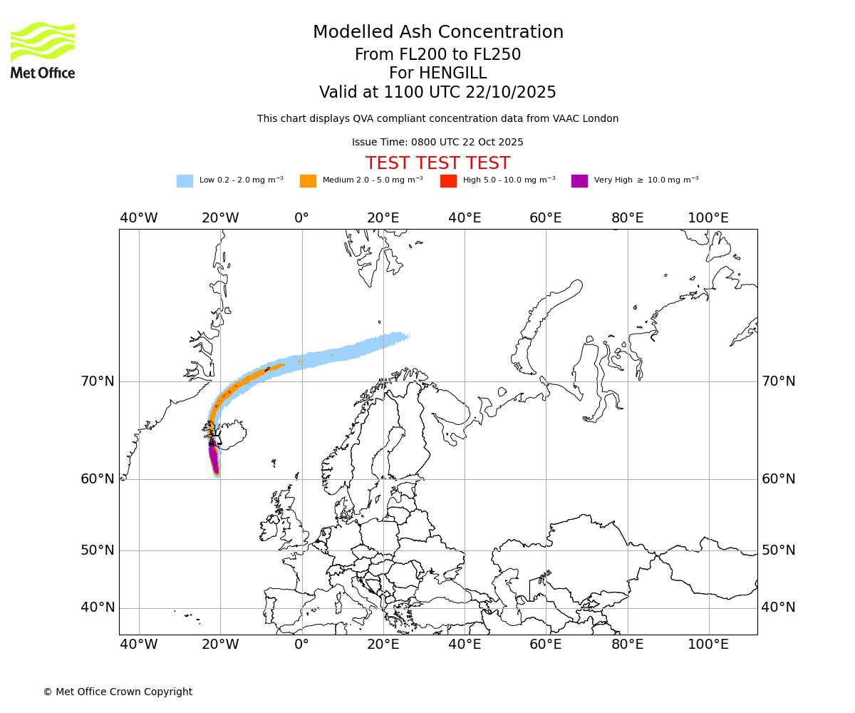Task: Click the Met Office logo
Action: (x=43, y=50)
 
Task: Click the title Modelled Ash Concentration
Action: (x=437, y=32)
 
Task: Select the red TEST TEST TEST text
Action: (x=437, y=163)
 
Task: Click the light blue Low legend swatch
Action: (x=185, y=181)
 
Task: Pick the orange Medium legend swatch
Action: (x=308, y=181)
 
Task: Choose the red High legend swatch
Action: (x=448, y=181)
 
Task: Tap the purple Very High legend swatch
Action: (x=579, y=181)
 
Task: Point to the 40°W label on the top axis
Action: (x=138, y=218)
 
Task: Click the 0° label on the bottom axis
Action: (x=301, y=645)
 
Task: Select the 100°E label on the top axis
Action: (x=708, y=218)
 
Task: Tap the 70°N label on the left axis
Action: (x=97, y=381)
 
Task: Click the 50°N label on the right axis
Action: (x=778, y=550)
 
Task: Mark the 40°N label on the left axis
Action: (x=97, y=607)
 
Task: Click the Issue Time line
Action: (x=437, y=142)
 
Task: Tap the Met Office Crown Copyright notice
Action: (x=118, y=692)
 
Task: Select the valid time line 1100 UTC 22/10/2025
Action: (x=437, y=92)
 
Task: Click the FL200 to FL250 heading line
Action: (x=437, y=55)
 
